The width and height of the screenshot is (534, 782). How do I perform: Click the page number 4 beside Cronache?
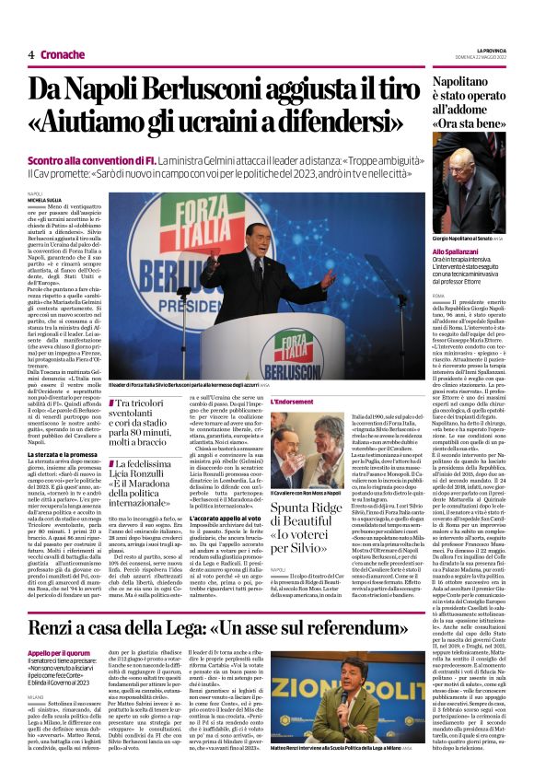coord(31,54)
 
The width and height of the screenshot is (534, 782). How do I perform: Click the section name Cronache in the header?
coord(63,54)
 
